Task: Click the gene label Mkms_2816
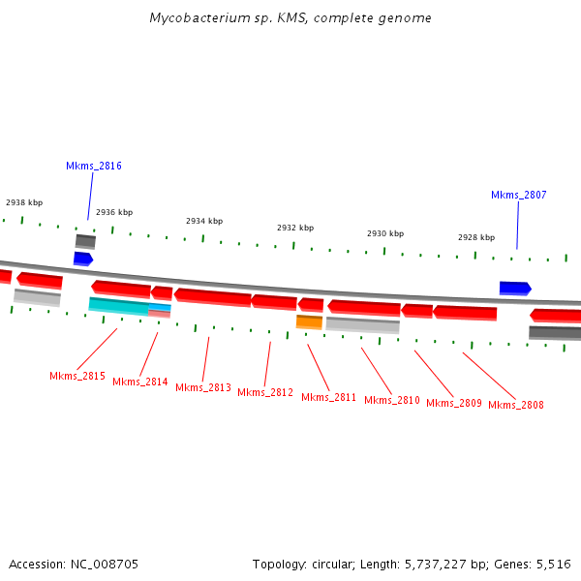[x=94, y=166]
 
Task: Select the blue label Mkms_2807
[x=519, y=195]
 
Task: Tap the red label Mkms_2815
[x=77, y=376]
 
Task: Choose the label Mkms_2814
[x=140, y=382]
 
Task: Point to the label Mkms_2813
[x=203, y=387]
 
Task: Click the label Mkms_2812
[x=265, y=392]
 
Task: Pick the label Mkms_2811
[x=329, y=397]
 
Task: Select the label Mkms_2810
[x=392, y=400]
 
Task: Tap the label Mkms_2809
[x=454, y=403]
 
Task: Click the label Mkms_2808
[x=516, y=405]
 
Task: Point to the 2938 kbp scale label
[x=24, y=202]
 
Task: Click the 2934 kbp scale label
[x=204, y=221]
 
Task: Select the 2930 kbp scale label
[x=385, y=233]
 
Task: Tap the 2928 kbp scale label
[x=476, y=237]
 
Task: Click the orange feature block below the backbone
[x=309, y=321]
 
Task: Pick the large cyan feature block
[x=118, y=305]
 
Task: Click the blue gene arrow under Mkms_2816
[x=83, y=259]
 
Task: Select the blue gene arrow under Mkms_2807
[x=515, y=288]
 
